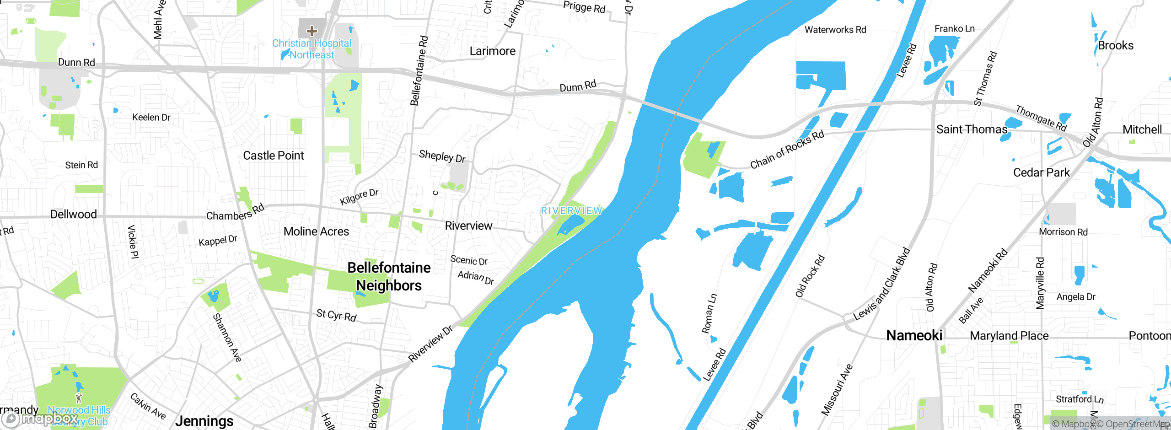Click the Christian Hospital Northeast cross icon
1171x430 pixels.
[x=312, y=31]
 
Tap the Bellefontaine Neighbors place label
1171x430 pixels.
[x=389, y=276]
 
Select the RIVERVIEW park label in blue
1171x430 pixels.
[x=571, y=211]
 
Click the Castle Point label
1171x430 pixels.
[x=274, y=156]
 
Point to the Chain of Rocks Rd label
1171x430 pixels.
[x=787, y=149]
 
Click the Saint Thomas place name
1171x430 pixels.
[x=972, y=129]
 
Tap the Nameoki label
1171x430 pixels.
[x=914, y=335]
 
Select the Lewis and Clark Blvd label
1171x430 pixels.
[x=881, y=285]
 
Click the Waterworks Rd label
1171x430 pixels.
[x=835, y=30]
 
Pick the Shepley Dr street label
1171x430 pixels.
[x=442, y=156]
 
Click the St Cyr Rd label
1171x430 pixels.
[x=336, y=315]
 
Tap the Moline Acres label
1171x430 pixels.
[x=316, y=231]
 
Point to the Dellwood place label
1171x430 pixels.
[x=74, y=214]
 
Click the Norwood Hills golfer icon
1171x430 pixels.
[x=79, y=398]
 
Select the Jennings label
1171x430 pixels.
[x=204, y=420]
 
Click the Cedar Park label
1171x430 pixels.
[x=1041, y=172]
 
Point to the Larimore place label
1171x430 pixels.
[x=493, y=51]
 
